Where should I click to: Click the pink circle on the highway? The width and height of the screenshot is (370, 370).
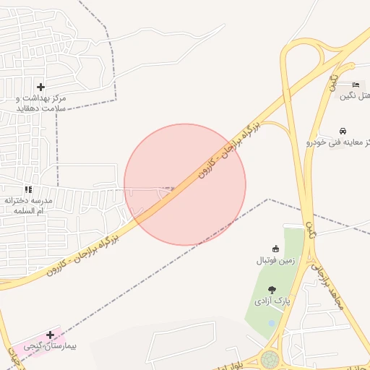coord(185,184)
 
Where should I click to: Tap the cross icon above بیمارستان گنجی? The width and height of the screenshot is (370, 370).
coord(50,335)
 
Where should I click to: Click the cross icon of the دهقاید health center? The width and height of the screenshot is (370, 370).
coord(40,87)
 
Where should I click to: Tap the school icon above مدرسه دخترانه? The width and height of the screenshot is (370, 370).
coord(28,189)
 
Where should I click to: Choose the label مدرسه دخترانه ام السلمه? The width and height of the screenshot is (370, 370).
coord(30,205)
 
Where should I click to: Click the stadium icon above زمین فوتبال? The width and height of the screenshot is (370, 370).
coord(275,248)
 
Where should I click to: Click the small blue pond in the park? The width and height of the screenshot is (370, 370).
coord(271,323)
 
